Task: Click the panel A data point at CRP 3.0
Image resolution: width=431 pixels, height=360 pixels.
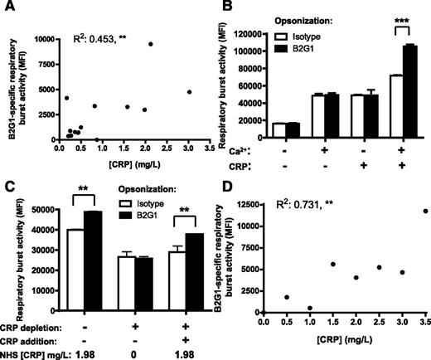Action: [x=189, y=92]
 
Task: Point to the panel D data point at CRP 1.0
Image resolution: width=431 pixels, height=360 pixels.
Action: [x=308, y=309]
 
